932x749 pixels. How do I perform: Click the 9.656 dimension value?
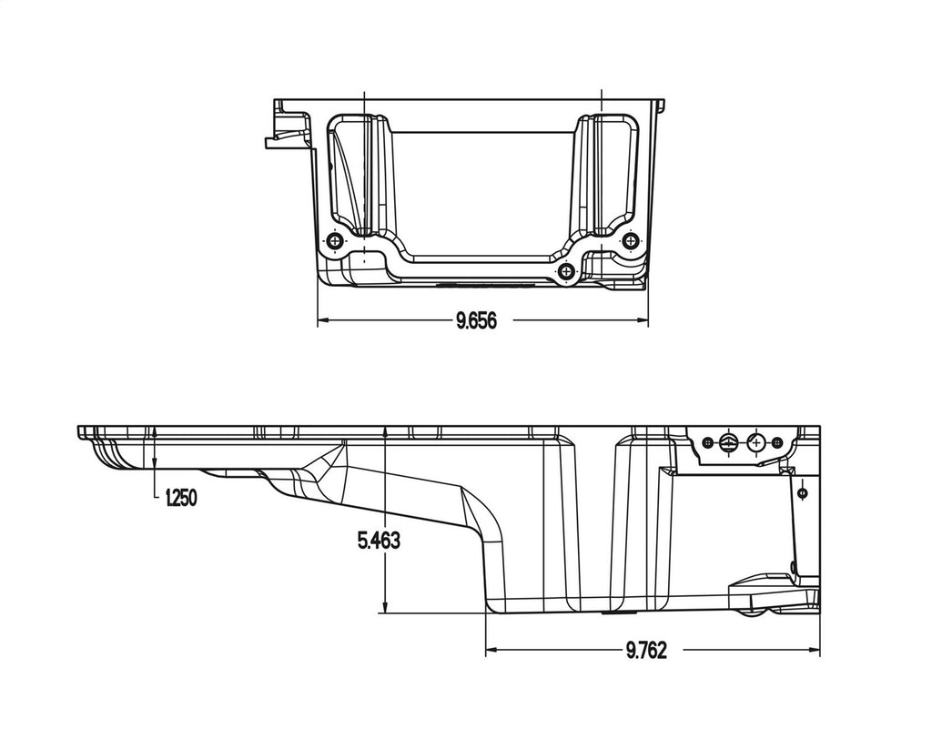(x=476, y=320)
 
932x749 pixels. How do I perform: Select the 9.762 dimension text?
(x=646, y=650)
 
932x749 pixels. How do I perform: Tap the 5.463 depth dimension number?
(x=379, y=541)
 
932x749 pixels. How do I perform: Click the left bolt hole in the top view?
(x=335, y=240)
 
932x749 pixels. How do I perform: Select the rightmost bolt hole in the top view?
(x=630, y=240)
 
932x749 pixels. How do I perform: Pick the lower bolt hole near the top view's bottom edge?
(x=567, y=271)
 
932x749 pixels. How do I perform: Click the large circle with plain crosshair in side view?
(x=756, y=443)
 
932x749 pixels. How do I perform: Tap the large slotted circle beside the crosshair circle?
(x=728, y=443)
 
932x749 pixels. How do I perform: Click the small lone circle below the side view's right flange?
(x=801, y=493)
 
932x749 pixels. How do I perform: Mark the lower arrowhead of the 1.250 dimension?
(x=157, y=466)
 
